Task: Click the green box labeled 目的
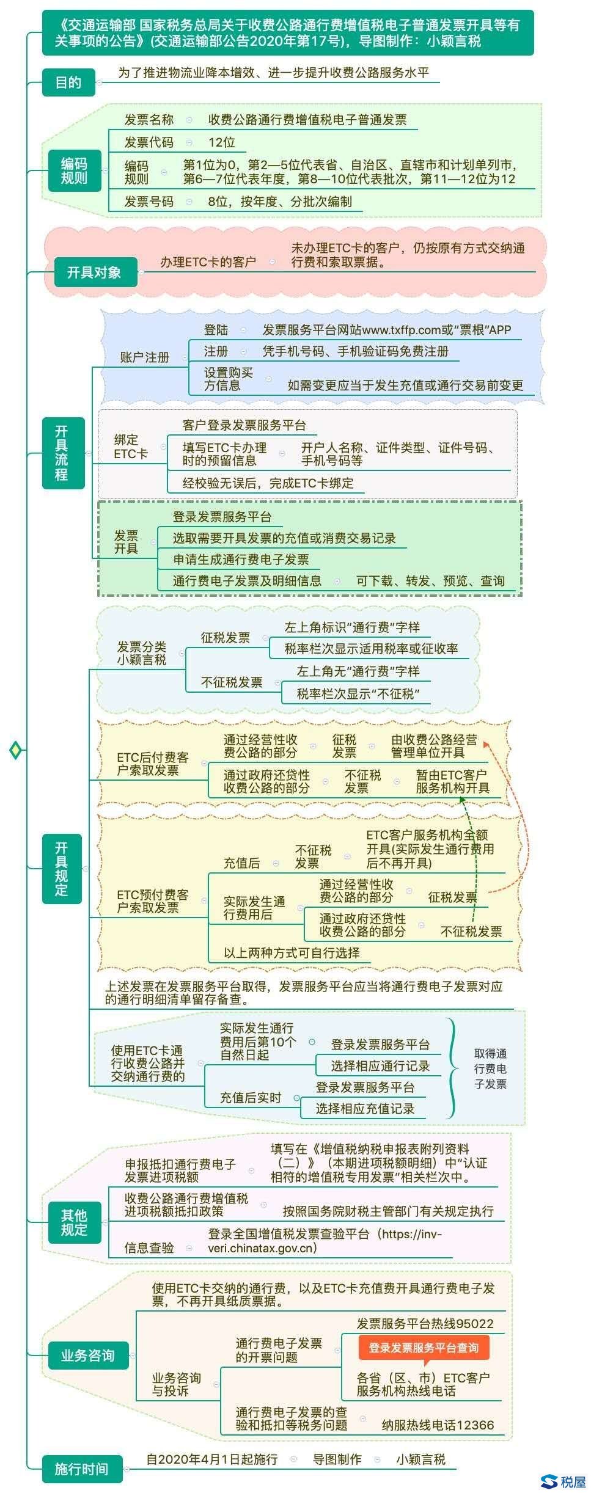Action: (68, 82)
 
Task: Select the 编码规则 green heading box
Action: (74, 170)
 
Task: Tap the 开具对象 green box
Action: (94, 272)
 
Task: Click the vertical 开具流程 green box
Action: (63, 453)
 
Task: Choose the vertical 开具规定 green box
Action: (62, 868)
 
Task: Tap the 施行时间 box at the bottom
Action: (82, 1469)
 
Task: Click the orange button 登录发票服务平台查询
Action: (424, 1347)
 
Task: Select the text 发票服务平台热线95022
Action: (425, 1323)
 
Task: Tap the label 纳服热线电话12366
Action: (438, 1425)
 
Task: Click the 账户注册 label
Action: (144, 357)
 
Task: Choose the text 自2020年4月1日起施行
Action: (211, 1459)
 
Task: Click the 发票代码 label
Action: (149, 142)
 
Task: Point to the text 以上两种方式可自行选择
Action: (292, 952)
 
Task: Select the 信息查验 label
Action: (149, 1247)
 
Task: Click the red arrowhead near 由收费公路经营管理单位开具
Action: (486, 745)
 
